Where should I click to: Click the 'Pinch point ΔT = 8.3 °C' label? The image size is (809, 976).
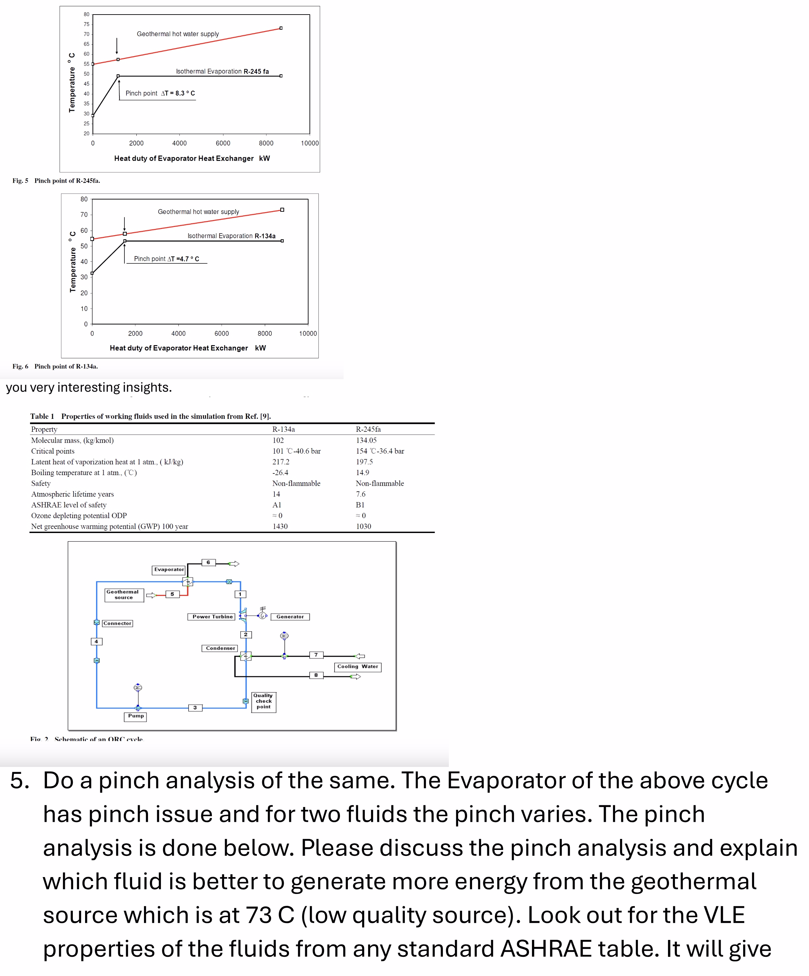point(160,93)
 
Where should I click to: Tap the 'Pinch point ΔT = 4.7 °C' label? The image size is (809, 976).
point(167,258)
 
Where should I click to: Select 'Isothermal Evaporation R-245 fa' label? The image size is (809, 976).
point(222,71)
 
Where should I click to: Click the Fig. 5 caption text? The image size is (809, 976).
point(56,180)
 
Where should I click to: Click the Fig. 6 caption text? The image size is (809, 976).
point(55,366)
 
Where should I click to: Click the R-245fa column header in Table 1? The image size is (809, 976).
point(368,429)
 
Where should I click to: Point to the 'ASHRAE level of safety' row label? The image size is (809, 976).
point(69,505)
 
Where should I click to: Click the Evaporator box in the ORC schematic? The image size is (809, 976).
point(169,569)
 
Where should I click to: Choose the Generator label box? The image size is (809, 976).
point(290,616)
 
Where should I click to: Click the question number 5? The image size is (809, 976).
point(20,780)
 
